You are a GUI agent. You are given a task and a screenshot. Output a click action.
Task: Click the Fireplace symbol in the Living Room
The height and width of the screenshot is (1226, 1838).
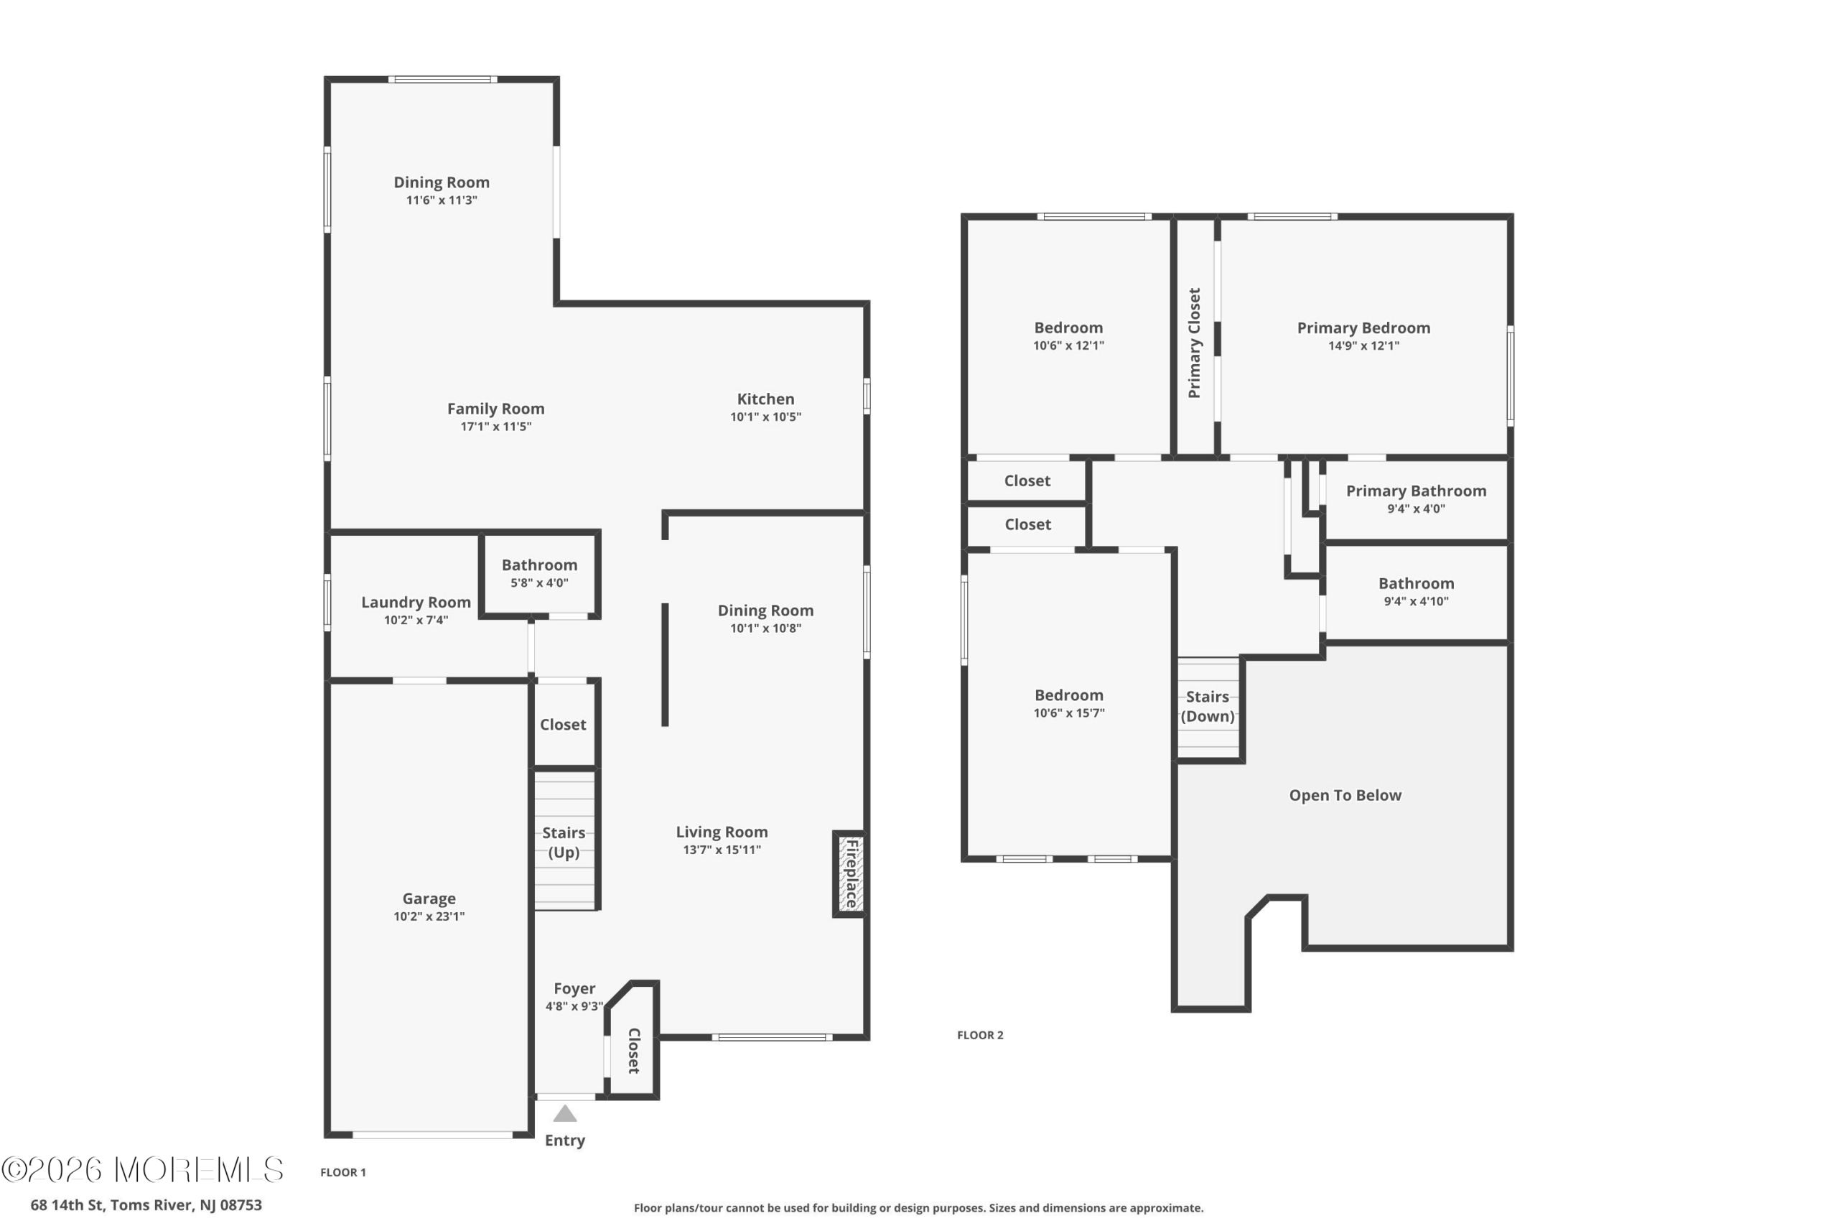849,874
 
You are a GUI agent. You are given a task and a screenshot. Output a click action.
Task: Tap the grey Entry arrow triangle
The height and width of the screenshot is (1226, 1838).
565,1113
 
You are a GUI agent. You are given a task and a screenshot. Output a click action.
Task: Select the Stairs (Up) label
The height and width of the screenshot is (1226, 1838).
564,842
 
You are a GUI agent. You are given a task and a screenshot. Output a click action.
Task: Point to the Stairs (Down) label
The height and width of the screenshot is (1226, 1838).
1208,706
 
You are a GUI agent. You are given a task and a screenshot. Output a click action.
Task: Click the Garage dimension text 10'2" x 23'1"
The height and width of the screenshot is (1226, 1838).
429,916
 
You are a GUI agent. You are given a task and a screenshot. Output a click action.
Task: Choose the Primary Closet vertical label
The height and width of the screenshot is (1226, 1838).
1194,343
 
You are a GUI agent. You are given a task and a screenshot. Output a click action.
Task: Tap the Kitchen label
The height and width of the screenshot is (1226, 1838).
766,399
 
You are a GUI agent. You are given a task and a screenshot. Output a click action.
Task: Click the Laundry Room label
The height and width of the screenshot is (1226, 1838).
416,602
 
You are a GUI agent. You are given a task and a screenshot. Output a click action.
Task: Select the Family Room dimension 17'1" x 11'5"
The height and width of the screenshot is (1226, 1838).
496,426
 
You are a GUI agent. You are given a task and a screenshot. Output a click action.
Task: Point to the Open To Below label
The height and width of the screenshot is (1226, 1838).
1345,795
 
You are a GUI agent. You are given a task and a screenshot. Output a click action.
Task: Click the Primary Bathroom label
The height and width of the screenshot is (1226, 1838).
1416,491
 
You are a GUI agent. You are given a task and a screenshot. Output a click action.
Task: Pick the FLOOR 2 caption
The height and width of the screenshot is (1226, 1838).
980,1035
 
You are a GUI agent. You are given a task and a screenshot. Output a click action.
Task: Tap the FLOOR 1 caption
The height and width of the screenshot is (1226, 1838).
343,1172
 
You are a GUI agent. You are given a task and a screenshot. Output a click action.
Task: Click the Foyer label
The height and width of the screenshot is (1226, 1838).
574,988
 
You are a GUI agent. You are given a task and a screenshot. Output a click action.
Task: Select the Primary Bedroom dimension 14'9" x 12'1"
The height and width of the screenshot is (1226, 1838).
1363,345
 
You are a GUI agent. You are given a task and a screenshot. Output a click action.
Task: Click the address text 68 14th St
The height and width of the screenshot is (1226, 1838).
67,1205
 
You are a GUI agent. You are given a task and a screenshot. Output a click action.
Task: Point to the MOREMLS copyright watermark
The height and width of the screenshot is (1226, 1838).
142,1170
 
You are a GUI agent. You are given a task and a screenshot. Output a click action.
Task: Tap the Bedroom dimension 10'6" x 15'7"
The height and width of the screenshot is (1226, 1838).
1069,713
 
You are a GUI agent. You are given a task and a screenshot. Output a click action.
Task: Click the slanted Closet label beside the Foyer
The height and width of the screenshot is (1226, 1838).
634,1051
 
